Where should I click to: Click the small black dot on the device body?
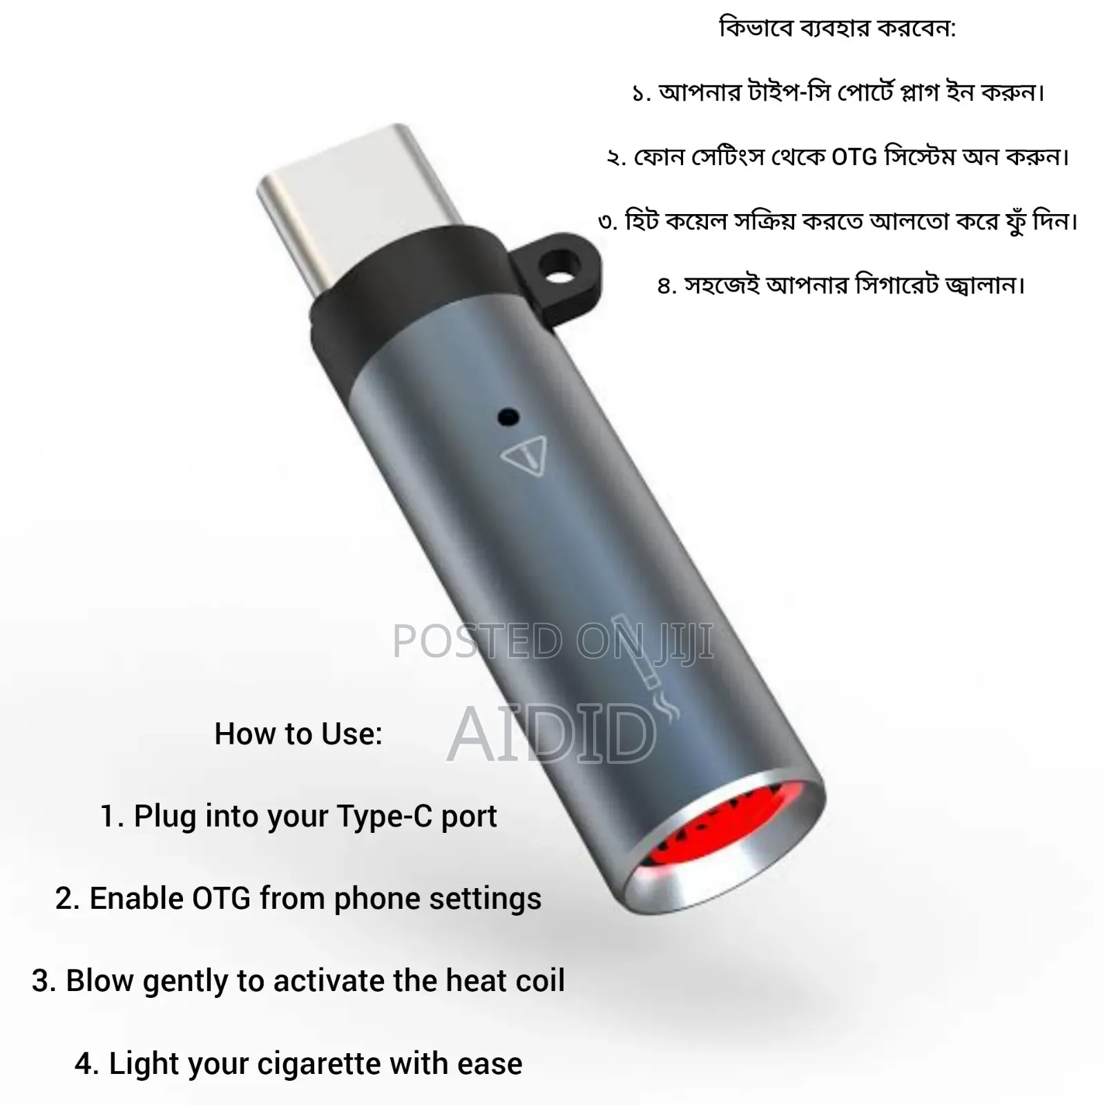coord(508,416)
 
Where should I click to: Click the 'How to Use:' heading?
coord(298,734)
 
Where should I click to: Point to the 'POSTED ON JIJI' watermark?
coord(552,641)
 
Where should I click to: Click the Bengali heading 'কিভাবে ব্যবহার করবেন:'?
coord(837,28)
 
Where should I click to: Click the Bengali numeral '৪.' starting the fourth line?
coord(666,285)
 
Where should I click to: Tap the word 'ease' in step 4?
coord(490,1064)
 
